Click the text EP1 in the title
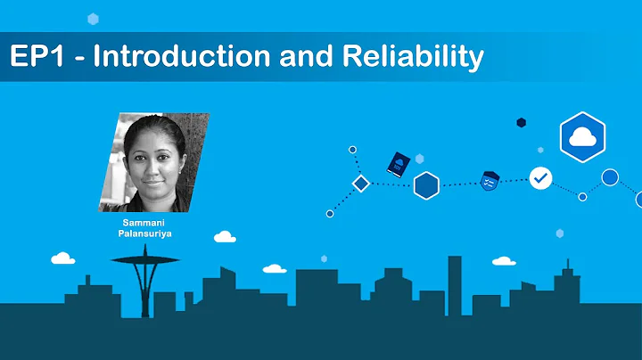[x=33, y=57]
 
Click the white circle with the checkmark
[x=540, y=178]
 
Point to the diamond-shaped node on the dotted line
[x=360, y=184]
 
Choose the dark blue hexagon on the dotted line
[x=427, y=185]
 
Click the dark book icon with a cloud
[x=397, y=163]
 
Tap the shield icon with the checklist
[x=489, y=180]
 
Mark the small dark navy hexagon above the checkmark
[x=521, y=123]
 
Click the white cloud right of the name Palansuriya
[x=225, y=237]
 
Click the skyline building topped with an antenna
[x=565, y=285]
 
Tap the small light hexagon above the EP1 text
[x=93, y=19]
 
